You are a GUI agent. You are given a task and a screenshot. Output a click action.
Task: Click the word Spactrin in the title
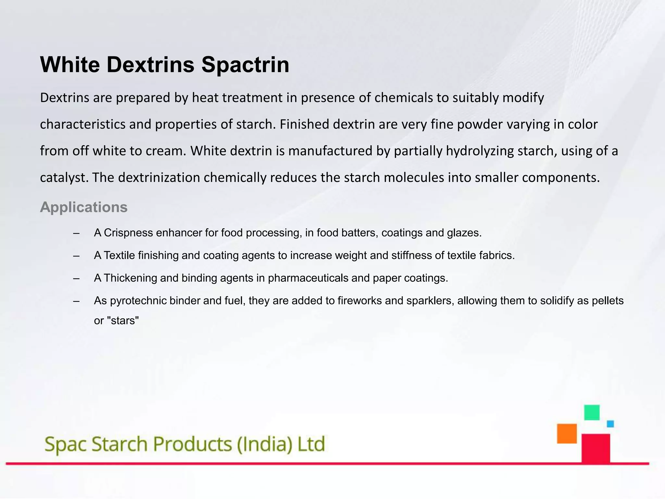click(x=245, y=65)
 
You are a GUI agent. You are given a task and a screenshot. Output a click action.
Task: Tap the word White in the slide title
click(x=70, y=65)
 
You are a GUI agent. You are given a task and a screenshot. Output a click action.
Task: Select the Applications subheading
click(x=84, y=207)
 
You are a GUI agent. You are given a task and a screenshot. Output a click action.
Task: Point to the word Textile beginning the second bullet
click(x=119, y=256)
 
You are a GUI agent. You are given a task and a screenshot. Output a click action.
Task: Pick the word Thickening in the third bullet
click(x=130, y=278)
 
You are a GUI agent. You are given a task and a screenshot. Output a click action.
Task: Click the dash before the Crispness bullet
click(x=77, y=233)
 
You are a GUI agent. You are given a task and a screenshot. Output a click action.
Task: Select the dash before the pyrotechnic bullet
click(x=77, y=301)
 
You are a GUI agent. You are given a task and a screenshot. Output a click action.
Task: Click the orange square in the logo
click(x=567, y=433)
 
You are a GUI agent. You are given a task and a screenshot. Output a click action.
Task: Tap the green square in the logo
click(x=592, y=413)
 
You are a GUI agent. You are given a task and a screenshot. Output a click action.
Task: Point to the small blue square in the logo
click(x=610, y=424)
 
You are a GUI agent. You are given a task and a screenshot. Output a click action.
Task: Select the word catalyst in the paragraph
click(x=64, y=178)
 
